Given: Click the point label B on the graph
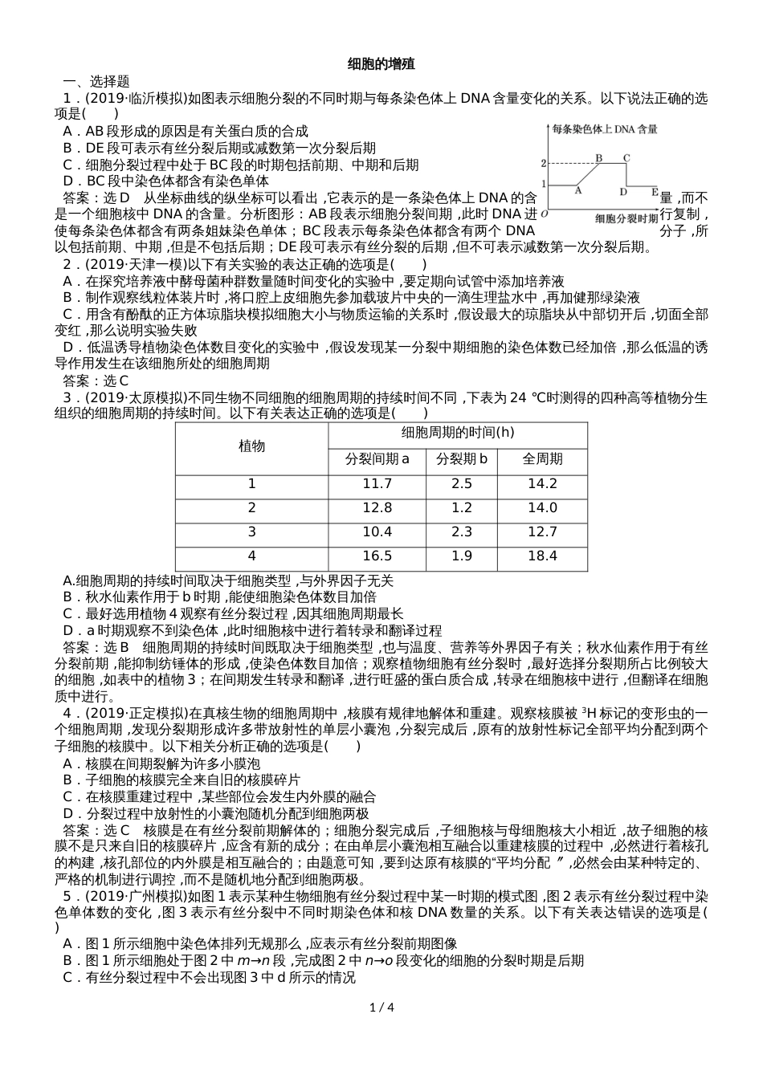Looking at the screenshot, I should coord(598,157).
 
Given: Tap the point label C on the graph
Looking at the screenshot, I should coord(626,157).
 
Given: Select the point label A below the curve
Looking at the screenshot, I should coord(577,191).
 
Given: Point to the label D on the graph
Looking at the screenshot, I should coord(623,192).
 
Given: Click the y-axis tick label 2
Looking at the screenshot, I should coord(544,164).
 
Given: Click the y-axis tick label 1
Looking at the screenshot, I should coord(544,185).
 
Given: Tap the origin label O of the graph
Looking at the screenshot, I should coord(545,214).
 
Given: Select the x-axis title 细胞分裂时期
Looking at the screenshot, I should coord(626,218).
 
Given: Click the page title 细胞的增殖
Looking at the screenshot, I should coord(381,63).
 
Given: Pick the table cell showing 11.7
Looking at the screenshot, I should coord(377,483).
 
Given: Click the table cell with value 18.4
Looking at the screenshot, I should coord(542,556).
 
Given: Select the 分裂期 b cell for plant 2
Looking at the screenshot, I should coord(462,507).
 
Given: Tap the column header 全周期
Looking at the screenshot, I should coord(542,459).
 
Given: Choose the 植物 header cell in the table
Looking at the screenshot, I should coord(251,446).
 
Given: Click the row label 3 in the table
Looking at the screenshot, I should coord(251,531).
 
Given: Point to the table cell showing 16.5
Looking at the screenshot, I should coord(377,556).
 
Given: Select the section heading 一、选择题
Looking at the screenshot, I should coord(96,81).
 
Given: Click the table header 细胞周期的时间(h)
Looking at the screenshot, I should coord(458,433).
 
